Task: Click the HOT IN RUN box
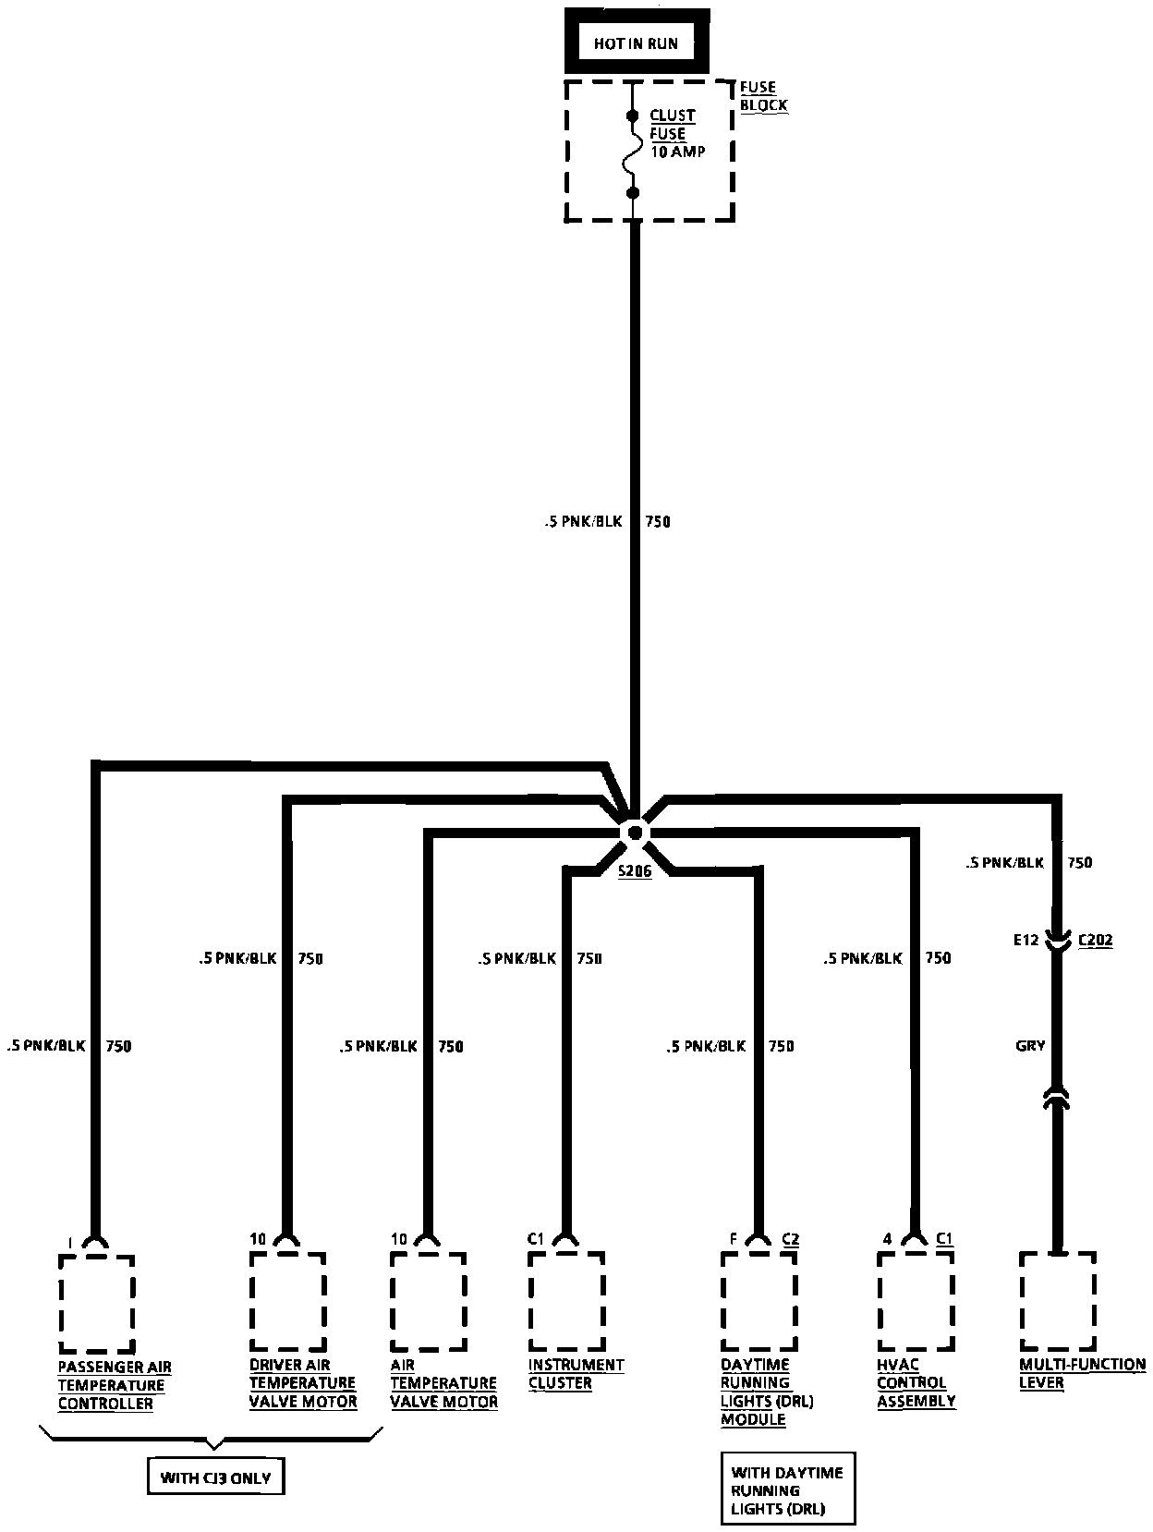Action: tap(636, 43)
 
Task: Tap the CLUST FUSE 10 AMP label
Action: tap(676, 133)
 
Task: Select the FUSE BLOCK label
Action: tap(763, 96)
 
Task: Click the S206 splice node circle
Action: tap(635, 832)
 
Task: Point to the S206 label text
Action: tap(635, 871)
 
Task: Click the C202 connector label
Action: tap(1096, 940)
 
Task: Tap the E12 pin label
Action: tap(1026, 940)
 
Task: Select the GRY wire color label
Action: tap(1030, 1045)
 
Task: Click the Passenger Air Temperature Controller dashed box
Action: tap(97, 1303)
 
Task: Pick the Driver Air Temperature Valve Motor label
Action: tap(303, 1382)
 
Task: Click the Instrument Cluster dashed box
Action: tap(566, 1300)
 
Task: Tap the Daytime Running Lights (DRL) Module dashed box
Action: tap(759, 1300)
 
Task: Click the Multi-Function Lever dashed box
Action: tap(1058, 1300)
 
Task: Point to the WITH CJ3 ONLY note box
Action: tap(216, 1477)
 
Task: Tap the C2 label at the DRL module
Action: tap(791, 1238)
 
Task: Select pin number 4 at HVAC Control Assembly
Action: tap(887, 1238)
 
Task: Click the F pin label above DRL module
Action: tap(733, 1238)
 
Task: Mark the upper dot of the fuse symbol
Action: tap(633, 116)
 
